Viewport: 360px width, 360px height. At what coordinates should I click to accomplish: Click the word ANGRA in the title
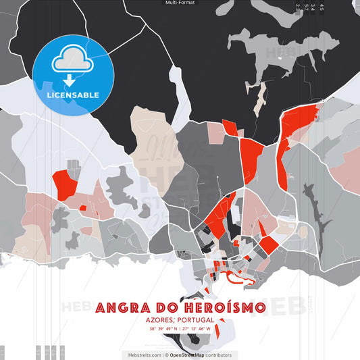(x=120, y=309)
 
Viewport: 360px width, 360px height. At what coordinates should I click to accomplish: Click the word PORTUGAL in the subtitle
(x=197, y=320)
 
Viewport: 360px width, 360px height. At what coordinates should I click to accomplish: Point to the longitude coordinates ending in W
(x=197, y=329)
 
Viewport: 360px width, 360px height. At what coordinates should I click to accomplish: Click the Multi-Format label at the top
(x=180, y=3)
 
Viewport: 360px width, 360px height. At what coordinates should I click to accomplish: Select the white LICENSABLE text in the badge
(x=72, y=95)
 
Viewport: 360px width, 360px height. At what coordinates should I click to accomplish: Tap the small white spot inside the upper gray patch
(x=279, y=59)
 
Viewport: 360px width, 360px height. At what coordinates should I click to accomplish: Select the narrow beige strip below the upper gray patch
(x=260, y=101)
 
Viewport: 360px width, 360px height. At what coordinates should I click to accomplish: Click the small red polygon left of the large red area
(x=230, y=127)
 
